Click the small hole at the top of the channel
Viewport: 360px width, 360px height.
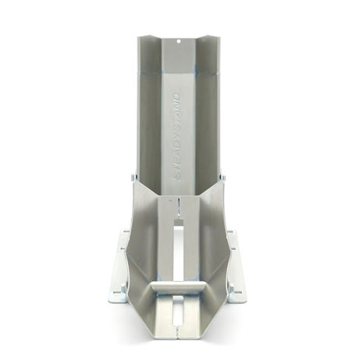pos(179,40)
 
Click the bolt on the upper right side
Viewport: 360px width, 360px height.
pos(223,178)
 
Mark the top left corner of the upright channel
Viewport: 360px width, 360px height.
pos(141,37)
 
